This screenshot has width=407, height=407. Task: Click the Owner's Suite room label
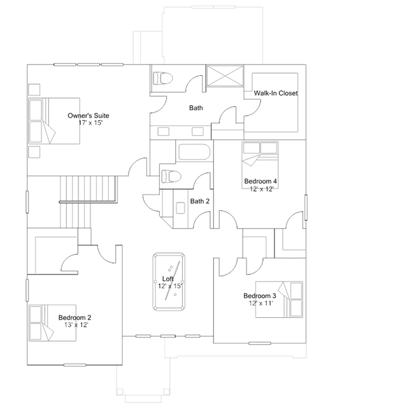(x=89, y=115)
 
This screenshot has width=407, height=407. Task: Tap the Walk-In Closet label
(x=276, y=93)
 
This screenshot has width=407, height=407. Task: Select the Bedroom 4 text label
(x=261, y=181)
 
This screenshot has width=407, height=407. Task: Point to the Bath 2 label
(x=199, y=201)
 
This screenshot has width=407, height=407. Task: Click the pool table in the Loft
(x=169, y=282)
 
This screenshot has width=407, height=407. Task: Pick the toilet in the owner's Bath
(x=163, y=78)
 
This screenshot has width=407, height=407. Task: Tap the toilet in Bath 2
(x=171, y=176)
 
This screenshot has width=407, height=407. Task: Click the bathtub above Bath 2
(x=194, y=152)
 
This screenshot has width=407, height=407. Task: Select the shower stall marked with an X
(x=225, y=76)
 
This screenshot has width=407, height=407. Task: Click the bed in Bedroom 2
(x=52, y=323)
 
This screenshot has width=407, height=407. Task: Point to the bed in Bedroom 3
(x=279, y=299)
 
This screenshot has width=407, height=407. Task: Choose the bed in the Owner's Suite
(x=54, y=121)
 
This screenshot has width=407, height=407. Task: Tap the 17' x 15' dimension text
(x=90, y=123)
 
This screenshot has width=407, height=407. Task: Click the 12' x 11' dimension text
(x=261, y=303)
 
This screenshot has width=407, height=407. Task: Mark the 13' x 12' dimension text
(x=76, y=325)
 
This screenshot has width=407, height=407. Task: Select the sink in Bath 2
(x=180, y=208)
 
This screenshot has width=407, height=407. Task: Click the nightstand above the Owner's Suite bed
(x=34, y=90)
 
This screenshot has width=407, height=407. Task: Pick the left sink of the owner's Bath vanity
(x=163, y=132)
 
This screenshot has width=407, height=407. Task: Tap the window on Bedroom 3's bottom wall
(x=260, y=343)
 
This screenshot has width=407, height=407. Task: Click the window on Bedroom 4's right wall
(x=306, y=208)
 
